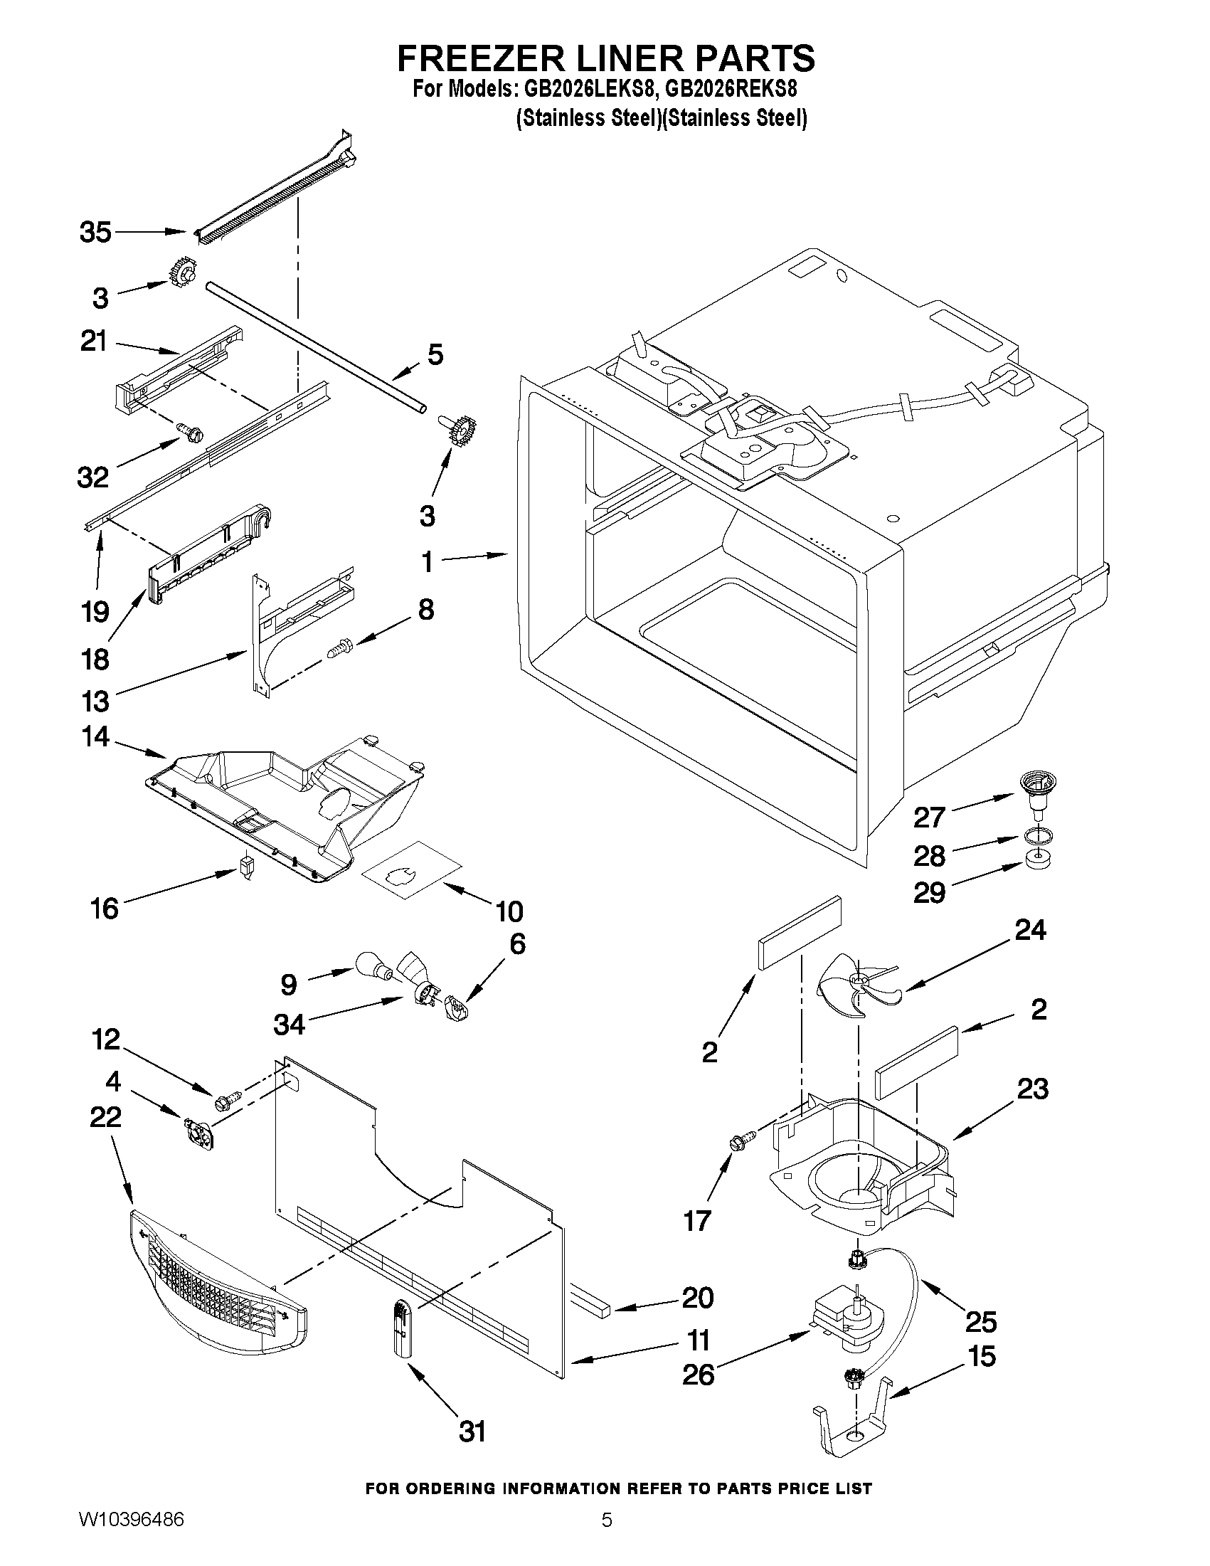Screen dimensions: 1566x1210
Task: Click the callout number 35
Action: pyautogui.click(x=95, y=233)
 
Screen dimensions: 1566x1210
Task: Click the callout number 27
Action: pyautogui.click(x=929, y=817)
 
